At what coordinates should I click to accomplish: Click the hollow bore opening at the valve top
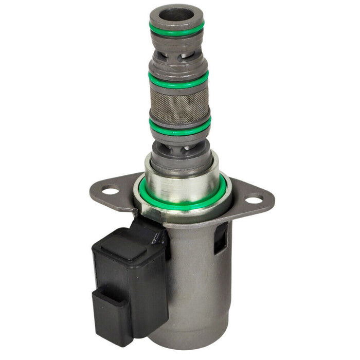coord(176,12)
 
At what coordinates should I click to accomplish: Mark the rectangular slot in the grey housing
coord(221,238)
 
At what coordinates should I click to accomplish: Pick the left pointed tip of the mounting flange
coord(91,191)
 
